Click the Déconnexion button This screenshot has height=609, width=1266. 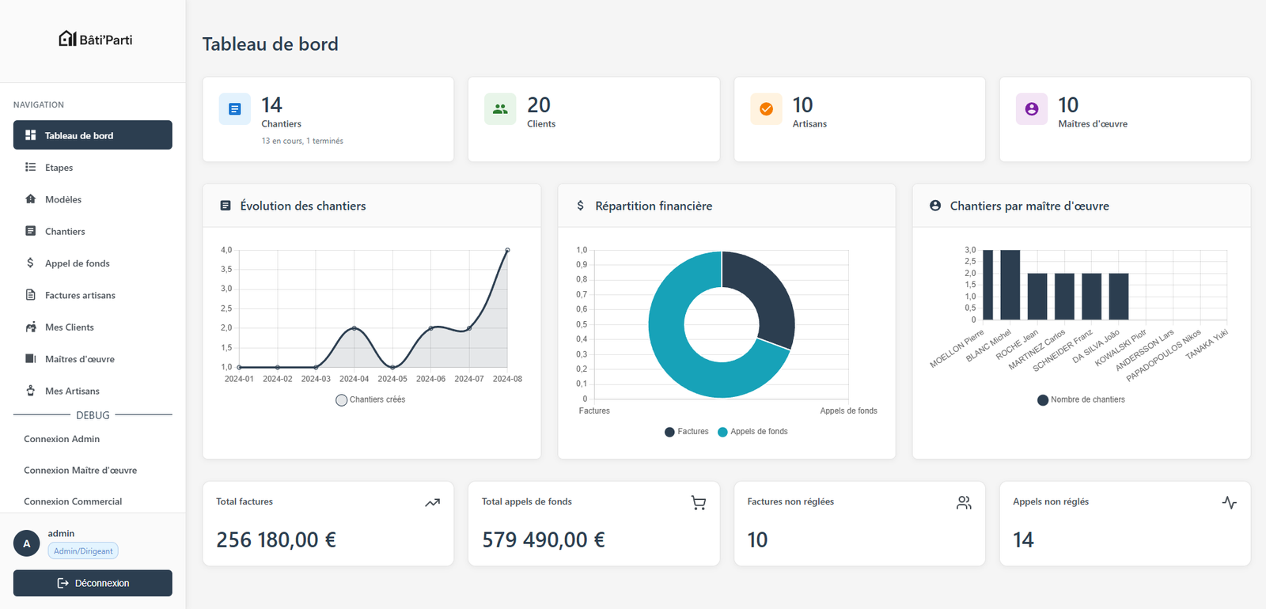tap(93, 583)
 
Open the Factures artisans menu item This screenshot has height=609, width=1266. tap(80, 295)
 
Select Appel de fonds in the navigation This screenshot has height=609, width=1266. tap(77, 263)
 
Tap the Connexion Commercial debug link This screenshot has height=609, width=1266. tap(73, 501)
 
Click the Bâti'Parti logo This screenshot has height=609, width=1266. tap(96, 40)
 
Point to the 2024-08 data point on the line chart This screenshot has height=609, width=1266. tap(507, 250)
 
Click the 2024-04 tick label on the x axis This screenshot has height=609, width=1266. tap(354, 379)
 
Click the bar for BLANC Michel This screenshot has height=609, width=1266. tap(1010, 285)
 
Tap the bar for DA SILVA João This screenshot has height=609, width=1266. tap(1118, 297)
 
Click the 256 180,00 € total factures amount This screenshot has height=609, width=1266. tap(276, 540)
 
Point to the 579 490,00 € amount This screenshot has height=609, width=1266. tap(544, 540)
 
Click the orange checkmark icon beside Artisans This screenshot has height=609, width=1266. tap(766, 109)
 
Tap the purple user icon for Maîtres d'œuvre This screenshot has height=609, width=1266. tap(1032, 109)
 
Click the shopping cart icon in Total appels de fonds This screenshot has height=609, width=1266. tap(698, 503)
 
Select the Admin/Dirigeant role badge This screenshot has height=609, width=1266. tap(83, 551)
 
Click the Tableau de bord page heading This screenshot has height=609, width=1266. tap(270, 44)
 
